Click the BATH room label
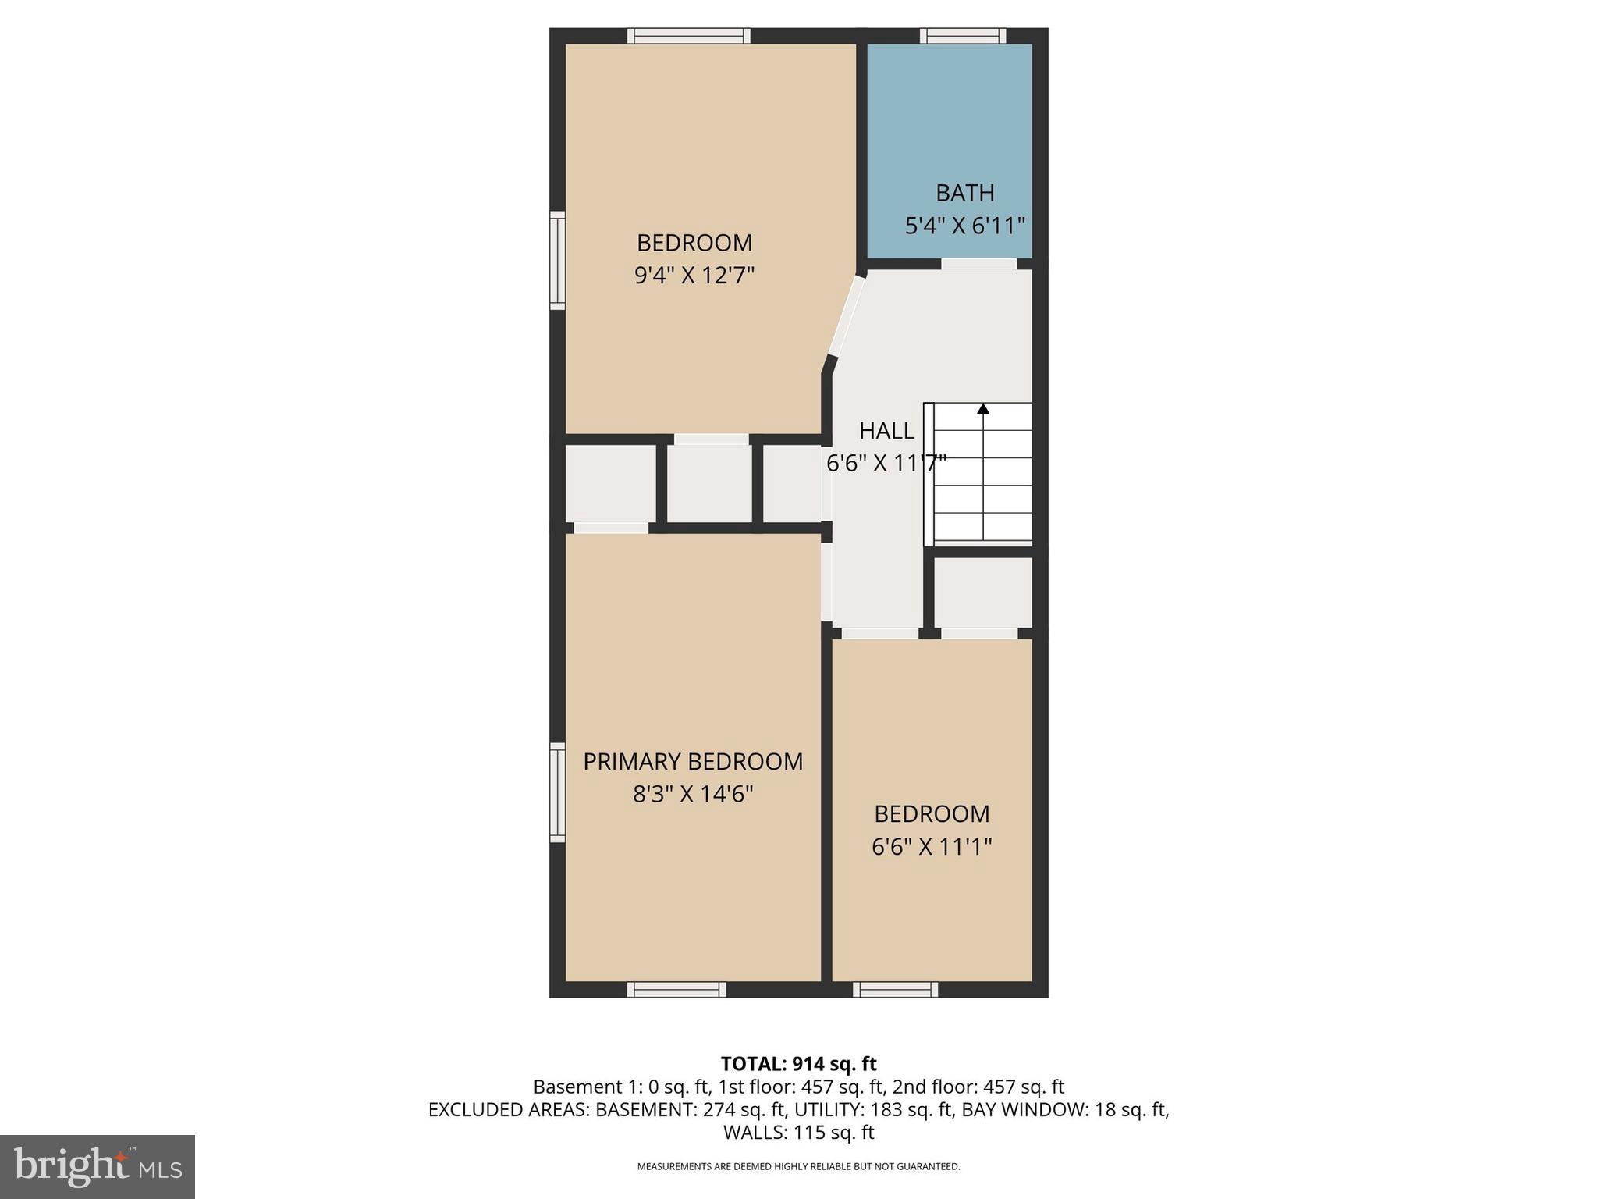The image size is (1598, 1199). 964,192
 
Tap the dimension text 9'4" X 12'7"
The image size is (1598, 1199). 694,276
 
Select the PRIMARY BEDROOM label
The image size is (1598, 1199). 693,761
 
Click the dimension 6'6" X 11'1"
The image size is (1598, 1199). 932,846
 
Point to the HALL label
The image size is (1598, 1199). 886,430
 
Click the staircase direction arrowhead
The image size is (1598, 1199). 983,408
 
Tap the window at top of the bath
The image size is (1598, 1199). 962,35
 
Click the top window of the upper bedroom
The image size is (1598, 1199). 689,35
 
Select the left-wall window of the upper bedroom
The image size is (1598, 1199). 557,261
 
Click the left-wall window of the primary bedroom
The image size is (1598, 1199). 557,792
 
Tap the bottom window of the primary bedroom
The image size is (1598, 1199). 676,990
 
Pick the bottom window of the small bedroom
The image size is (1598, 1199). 895,990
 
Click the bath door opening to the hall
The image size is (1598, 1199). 978,264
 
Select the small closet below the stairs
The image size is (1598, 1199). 982,592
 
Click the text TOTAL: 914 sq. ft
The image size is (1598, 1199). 798,1063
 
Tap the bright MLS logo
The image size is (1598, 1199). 97,1166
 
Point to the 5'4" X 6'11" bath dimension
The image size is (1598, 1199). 964,226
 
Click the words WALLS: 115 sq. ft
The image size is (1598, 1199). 798,1132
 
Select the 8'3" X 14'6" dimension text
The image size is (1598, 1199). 693,794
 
